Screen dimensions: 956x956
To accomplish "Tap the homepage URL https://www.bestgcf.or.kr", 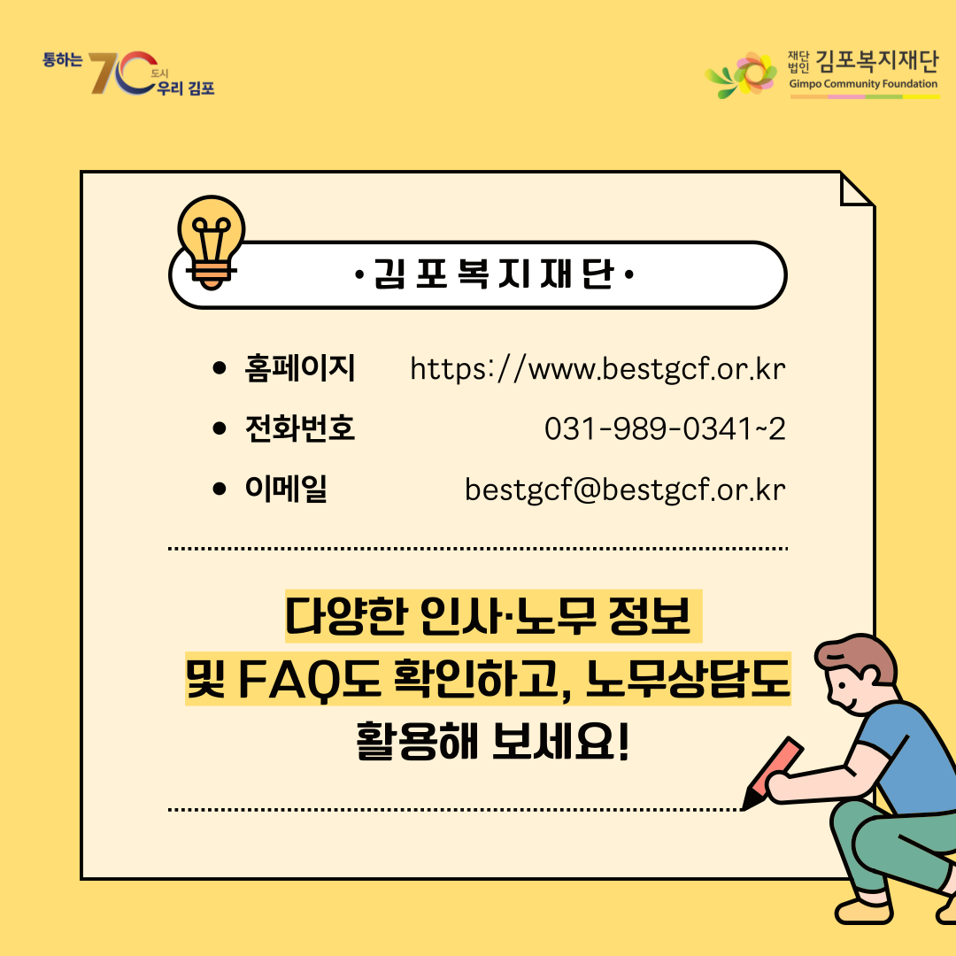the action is [x=597, y=369].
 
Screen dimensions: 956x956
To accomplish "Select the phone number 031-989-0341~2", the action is [x=665, y=428].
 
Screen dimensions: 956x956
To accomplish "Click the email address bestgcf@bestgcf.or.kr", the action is [x=625, y=490].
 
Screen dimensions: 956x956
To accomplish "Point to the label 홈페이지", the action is [x=299, y=367].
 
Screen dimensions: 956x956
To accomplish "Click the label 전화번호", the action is [x=299, y=428].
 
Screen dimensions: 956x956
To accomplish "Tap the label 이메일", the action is [x=285, y=489].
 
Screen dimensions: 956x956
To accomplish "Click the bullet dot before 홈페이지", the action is [x=220, y=367].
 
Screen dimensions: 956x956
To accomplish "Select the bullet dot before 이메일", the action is [x=220, y=489].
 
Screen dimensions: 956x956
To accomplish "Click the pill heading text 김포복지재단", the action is [x=494, y=274].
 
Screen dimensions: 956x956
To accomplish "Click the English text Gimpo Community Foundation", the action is [x=863, y=84].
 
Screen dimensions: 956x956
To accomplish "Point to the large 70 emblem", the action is [x=122, y=73].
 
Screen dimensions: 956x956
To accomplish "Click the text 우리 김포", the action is [x=186, y=89].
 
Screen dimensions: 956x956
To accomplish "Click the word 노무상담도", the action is [x=688, y=679].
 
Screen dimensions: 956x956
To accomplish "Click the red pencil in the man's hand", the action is [x=772, y=773].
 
